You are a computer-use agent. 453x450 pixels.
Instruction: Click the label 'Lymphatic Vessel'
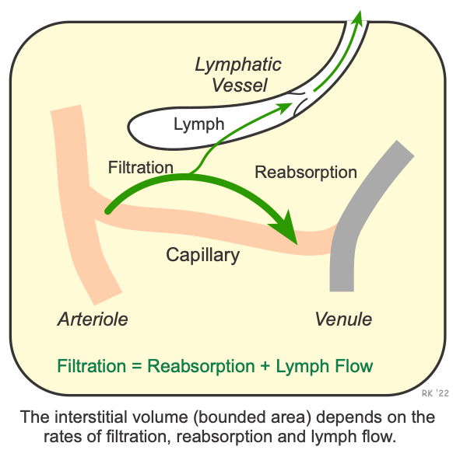238,74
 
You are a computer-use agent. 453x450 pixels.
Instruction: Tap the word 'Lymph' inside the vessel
198,124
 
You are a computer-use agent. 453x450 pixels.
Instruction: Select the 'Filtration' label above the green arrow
140,167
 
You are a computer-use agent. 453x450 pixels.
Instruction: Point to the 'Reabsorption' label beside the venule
306,173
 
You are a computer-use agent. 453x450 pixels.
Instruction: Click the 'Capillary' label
202,255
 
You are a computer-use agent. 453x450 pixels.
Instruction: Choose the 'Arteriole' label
93,319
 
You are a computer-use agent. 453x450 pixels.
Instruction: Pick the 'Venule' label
343,319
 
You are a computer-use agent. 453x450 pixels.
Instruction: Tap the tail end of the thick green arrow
110,209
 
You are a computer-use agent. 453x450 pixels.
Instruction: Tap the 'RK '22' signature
435,394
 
